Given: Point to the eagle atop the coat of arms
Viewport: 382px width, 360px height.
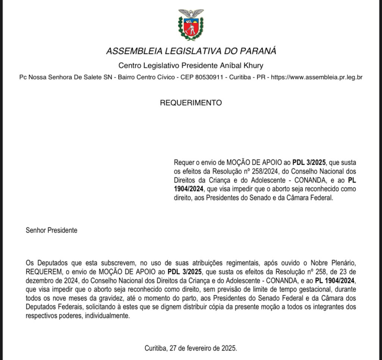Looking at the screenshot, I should coord(191,13).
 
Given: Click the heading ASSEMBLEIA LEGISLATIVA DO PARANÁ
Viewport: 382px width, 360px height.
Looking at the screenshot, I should coord(191,51).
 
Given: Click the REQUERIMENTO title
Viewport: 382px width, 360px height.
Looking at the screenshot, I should coord(191,103).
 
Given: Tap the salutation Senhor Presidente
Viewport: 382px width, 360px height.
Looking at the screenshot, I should coord(51,230).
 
